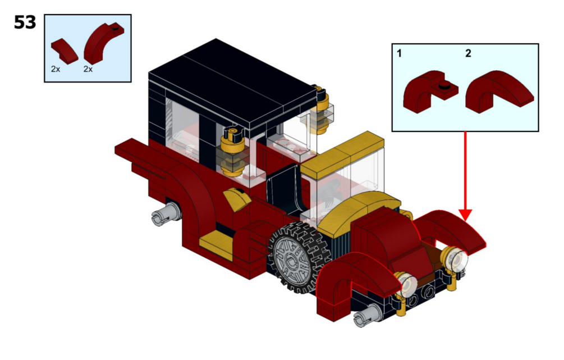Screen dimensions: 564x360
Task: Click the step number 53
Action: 25,22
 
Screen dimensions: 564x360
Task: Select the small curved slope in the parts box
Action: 65,51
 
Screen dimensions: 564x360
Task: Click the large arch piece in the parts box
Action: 103,43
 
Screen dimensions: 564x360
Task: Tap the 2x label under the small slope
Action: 56,69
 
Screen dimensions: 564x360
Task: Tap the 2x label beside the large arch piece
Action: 88,69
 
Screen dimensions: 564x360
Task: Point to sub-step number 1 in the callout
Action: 399,53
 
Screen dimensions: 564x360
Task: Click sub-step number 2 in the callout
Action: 468,53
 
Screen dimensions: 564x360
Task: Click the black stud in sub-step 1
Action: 445,86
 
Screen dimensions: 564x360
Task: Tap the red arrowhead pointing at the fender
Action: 465,215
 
